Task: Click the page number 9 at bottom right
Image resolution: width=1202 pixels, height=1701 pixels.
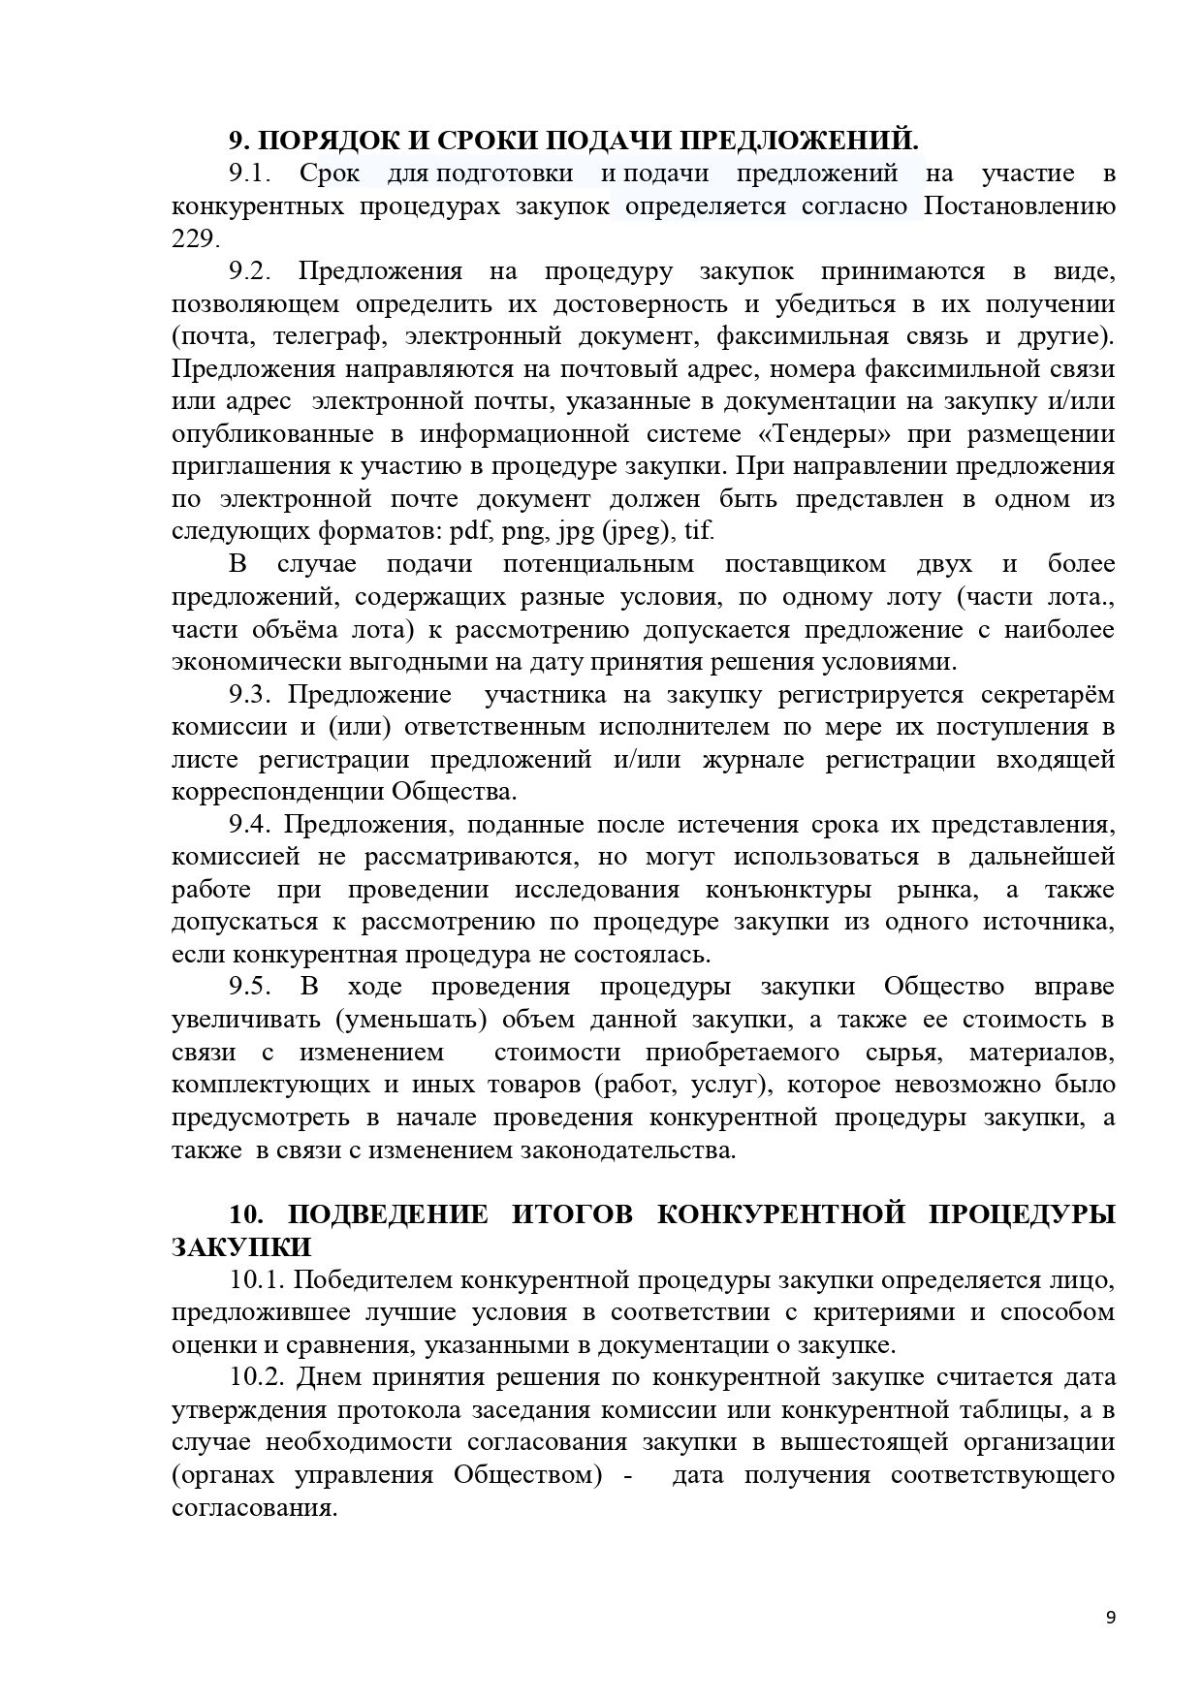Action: [x=1110, y=1617]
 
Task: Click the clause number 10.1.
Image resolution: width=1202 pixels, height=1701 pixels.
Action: [x=257, y=1279]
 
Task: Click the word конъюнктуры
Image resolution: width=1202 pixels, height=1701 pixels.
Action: [x=787, y=890]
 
